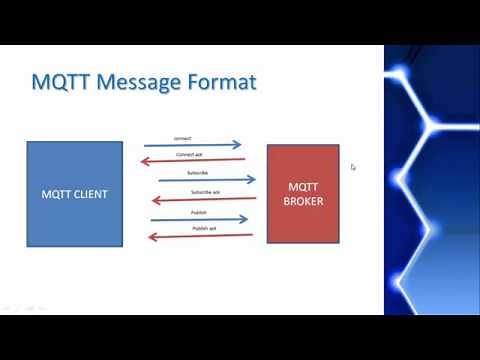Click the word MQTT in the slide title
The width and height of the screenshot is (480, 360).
tap(62, 82)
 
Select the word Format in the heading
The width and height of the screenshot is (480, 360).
tap(218, 82)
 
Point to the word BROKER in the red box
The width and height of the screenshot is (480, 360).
tap(303, 201)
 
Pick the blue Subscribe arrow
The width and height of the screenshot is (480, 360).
tap(200, 180)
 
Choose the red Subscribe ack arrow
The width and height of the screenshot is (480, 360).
tap(200, 199)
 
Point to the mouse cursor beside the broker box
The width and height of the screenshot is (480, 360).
tap(353, 168)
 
